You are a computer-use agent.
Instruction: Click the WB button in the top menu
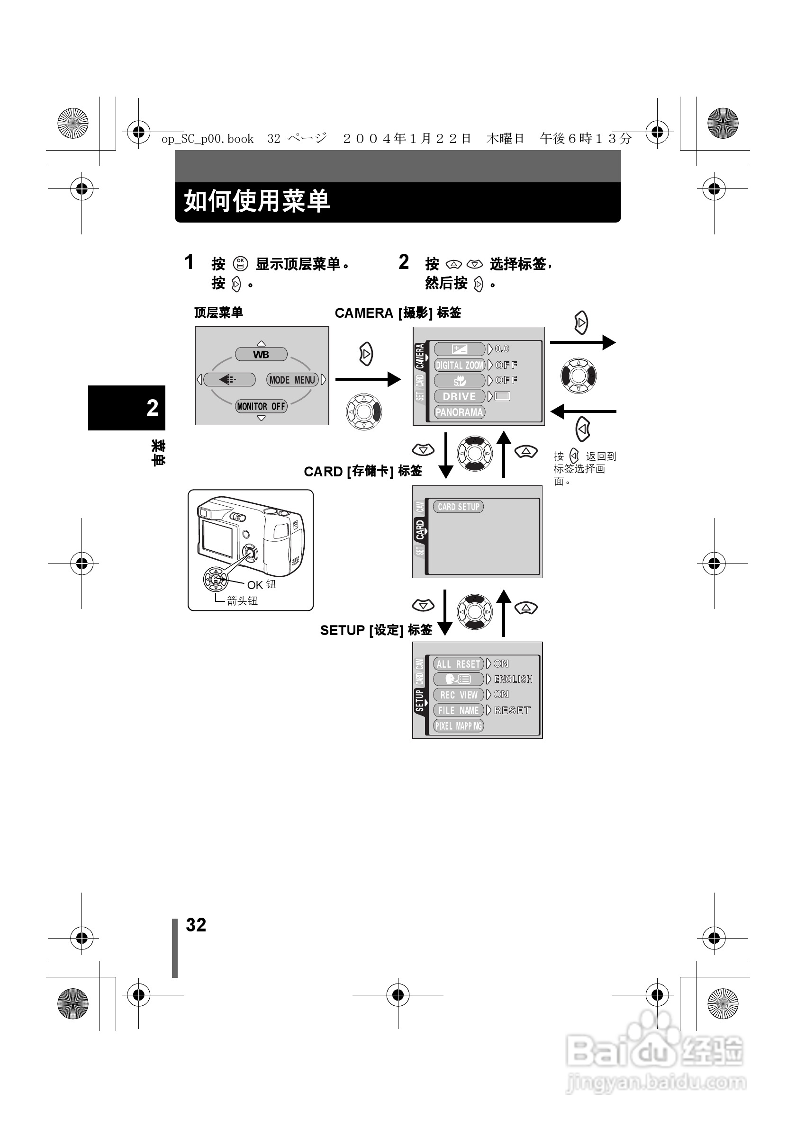point(261,354)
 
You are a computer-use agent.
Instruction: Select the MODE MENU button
point(292,379)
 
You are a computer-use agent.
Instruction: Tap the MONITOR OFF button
point(261,406)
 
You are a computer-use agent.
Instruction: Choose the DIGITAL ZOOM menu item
point(459,365)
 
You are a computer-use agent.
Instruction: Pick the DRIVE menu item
point(459,396)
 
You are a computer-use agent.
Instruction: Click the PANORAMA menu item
point(459,412)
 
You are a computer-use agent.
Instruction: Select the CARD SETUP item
point(458,507)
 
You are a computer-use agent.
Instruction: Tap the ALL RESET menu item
point(458,663)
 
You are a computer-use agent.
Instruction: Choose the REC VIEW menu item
point(458,695)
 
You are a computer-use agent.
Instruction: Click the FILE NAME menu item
point(458,710)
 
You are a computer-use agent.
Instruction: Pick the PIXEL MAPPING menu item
point(458,725)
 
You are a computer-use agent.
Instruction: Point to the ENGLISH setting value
point(513,679)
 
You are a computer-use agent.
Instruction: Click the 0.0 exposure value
point(502,349)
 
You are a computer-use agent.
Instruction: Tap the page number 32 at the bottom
point(196,925)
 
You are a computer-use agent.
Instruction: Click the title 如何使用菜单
point(256,201)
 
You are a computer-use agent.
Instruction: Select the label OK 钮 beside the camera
point(261,585)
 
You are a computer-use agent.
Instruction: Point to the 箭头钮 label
point(242,601)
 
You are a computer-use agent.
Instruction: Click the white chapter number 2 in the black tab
point(152,407)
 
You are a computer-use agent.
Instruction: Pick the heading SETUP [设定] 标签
point(376,630)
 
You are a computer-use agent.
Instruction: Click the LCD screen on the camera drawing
point(217,537)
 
